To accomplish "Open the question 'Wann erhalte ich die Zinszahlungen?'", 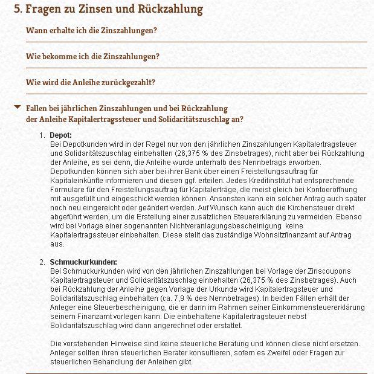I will click(x=91, y=30).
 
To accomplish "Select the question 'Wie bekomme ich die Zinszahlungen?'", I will click(x=92, y=56).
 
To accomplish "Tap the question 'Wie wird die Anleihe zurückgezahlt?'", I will click(x=91, y=82).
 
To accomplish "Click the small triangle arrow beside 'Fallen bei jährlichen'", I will click(x=18, y=108).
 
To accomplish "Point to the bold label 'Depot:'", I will click(x=60, y=135).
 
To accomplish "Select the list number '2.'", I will click(x=42, y=263).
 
